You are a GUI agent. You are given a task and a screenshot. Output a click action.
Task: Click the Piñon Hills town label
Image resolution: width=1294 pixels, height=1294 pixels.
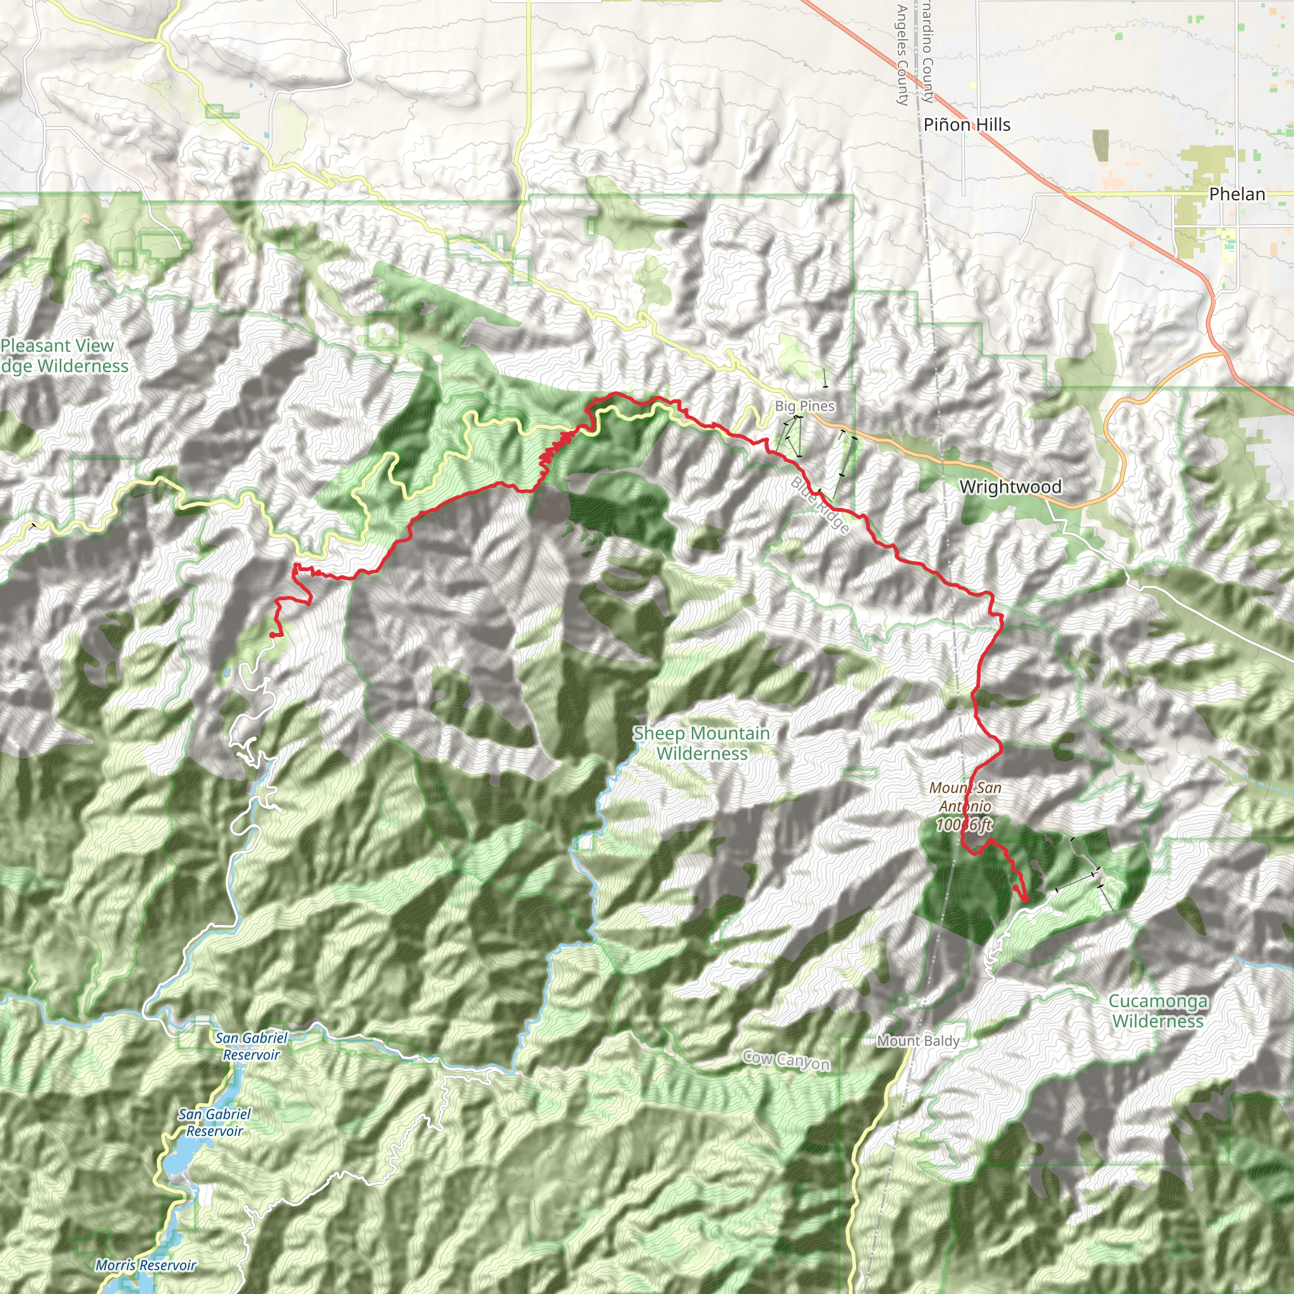click(x=967, y=124)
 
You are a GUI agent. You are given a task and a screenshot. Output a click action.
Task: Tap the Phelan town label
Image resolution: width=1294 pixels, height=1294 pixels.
click(x=1237, y=194)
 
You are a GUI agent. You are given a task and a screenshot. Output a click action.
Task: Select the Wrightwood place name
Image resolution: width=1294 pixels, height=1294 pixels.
click(x=1010, y=487)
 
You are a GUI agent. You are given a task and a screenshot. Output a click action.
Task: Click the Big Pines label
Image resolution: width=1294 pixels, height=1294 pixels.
click(x=804, y=406)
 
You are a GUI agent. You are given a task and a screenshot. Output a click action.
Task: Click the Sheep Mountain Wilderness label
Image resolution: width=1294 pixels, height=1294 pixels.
click(x=701, y=744)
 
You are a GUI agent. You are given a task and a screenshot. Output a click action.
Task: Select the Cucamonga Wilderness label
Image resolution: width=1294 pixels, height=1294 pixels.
click(x=1158, y=1011)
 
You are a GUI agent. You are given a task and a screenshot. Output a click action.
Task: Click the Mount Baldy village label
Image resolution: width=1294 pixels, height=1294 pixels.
click(x=917, y=1041)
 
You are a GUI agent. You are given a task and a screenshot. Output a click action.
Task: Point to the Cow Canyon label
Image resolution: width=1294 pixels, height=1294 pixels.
click(x=785, y=1060)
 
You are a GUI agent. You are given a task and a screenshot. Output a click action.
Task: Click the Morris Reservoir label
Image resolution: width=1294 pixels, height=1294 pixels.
click(x=145, y=1265)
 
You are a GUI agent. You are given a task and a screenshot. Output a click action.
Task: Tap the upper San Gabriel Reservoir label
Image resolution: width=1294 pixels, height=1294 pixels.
click(x=251, y=1046)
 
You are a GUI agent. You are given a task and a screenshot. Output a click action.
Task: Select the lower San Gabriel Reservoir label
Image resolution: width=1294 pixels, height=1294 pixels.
click(x=214, y=1123)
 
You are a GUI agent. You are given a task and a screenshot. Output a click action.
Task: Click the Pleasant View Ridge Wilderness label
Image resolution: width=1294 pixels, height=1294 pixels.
click(x=60, y=356)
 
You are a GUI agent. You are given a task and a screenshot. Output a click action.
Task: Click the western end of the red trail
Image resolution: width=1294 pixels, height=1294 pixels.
click(x=271, y=634)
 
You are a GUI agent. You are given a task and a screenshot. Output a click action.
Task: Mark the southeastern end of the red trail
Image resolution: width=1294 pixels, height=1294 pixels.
click(x=1026, y=902)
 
